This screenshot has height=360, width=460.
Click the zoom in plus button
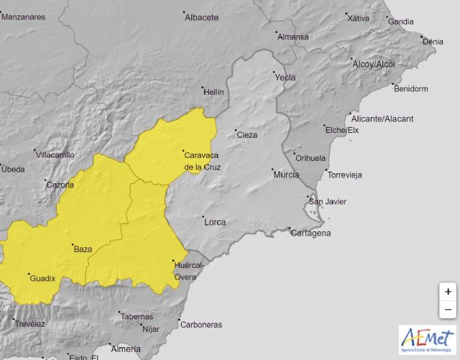click(448, 292)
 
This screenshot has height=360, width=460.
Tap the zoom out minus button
click(448, 310)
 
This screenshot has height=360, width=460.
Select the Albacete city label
click(201, 17)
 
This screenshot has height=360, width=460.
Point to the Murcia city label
click(286, 175)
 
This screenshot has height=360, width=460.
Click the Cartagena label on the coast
click(311, 233)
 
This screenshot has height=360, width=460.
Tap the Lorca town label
click(216, 222)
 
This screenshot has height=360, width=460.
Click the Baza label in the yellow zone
click(83, 249)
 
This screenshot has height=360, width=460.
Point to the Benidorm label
click(410, 89)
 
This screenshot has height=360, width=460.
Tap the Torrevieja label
click(344, 175)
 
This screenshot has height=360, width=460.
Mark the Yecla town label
click(285, 77)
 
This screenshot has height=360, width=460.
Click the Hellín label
click(213, 92)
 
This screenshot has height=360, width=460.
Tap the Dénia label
click(433, 42)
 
